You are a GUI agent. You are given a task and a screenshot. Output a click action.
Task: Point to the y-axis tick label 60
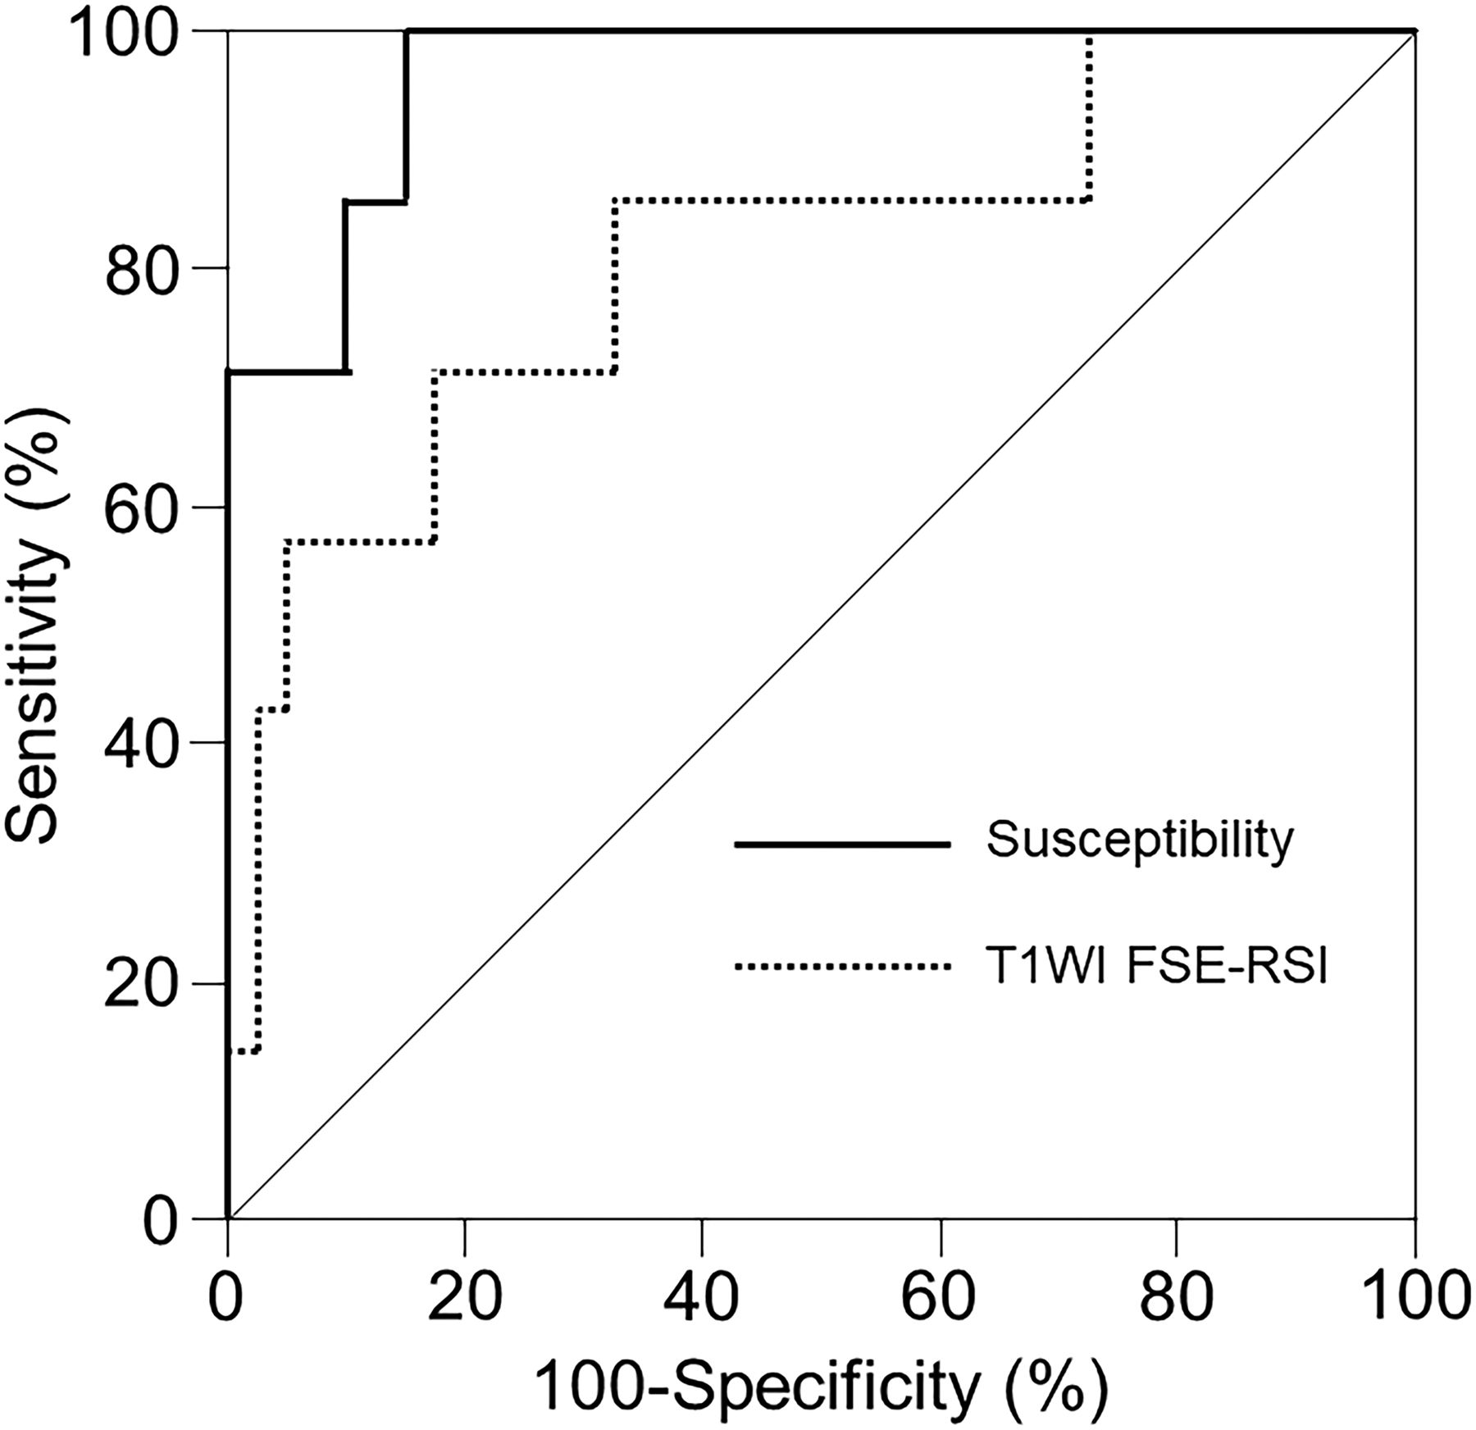click(142, 506)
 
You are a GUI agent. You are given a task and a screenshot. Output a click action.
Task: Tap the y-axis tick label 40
click(142, 743)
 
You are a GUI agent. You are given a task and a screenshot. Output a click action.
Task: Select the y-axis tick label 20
click(142, 983)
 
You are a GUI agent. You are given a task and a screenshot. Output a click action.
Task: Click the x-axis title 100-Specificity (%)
click(821, 1386)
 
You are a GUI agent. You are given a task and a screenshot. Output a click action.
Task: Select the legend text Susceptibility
click(1140, 840)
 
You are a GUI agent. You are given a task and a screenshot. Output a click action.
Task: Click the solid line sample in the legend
click(842, 844)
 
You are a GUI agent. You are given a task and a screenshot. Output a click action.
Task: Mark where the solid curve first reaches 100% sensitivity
click(406, 31)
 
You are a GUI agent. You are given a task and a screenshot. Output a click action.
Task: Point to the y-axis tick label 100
click(124, 31)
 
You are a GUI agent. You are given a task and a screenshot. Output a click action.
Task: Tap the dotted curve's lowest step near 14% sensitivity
click(244, 1051)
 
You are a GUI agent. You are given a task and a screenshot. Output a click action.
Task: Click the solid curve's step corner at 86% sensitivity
click(346, 201)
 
